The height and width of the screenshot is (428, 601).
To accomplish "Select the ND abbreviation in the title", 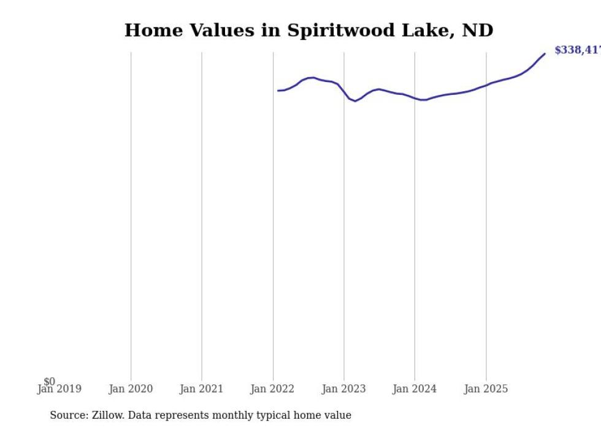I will [x=477, y=31].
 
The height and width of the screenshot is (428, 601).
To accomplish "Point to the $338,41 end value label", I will [x=577, y=50].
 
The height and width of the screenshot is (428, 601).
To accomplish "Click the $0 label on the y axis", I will [x=50, y=381].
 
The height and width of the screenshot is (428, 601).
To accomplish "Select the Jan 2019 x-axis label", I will [x=59, y=389].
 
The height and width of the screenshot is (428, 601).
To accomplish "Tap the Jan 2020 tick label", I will [x=131, y=389].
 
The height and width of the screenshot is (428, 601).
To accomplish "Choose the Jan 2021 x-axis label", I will [x=202, y=389].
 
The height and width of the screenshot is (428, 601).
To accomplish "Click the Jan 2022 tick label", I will [x=272, y=389].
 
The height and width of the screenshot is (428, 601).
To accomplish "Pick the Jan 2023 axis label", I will [x=343, y=389].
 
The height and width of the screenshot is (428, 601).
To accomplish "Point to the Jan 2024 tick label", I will [x=415, y=389].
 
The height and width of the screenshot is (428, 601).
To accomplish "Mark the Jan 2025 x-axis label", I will [x=486, y=389].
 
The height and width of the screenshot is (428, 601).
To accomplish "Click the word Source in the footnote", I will [x=68, y=415].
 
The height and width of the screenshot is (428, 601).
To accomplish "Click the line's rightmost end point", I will [x=545, y=54].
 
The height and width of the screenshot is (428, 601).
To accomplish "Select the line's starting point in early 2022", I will [x=278, y=91].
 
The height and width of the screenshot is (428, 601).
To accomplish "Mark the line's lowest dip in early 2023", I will [x=355, y=101].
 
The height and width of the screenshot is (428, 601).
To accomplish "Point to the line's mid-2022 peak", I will [x=313, y=77].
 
